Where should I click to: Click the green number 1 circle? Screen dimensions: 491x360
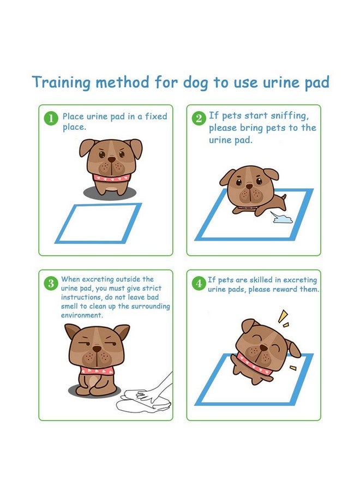51,118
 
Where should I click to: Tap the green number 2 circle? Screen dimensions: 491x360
199,118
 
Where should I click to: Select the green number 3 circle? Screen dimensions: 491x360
51,283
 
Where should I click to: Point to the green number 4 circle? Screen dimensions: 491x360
199,283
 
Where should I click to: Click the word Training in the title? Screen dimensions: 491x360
61,82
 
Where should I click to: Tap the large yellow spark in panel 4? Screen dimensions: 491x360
282,316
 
